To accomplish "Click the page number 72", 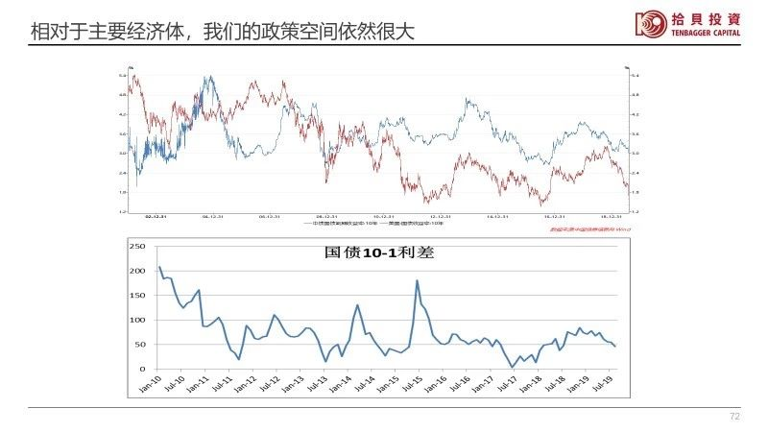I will (x=735, y=417).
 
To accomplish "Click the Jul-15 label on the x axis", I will (x=416, y=384).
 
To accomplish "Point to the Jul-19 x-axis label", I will (x=603, y=384).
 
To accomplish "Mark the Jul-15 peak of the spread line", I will (x=418, y=280).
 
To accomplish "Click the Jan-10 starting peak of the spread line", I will (x=159, y=267).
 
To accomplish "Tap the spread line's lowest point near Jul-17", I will (x=512, y=367).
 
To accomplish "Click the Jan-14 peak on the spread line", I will (x=357, y=305).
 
